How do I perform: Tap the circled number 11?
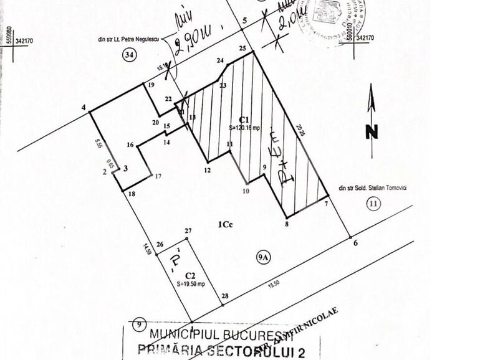click(373, 203)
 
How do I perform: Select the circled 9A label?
click(262, 254)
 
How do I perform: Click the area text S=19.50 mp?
click(190, 283)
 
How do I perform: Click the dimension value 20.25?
click(301, 130)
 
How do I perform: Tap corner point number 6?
click(355, 244)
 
